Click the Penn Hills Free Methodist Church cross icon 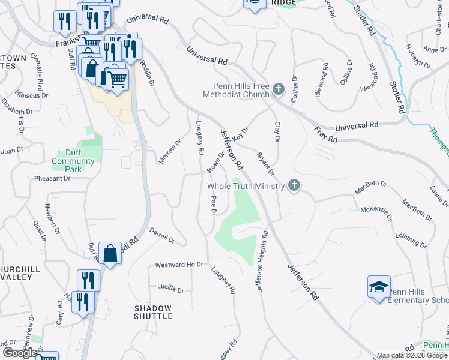[x=278, y=90]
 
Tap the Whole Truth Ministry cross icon [x=294, y=185]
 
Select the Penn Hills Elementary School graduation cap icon [x=379, y=287]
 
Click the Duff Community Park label [x=73, y=157]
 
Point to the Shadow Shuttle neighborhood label [x=152, y=312]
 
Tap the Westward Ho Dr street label [x=179, y=265]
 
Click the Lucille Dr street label [x=170, y=290]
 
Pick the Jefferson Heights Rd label [x=261, y=262]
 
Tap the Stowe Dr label [x=215, y=161]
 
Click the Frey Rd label [x=327, y=134]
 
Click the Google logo [x=20, y=353]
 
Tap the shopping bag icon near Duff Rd [x=111, y=254]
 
